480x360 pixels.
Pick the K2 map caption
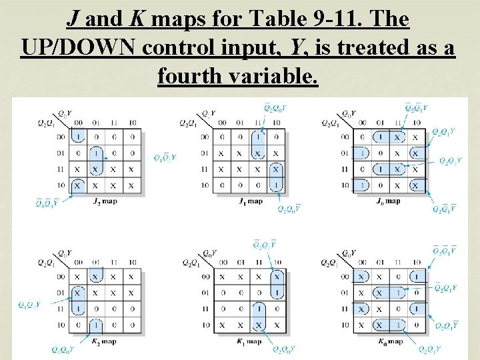[x=105, y=342]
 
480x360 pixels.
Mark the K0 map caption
[x=388, y=342]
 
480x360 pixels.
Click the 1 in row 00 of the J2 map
[x=78, y=137]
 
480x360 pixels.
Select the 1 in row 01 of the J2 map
[x=96, y=153]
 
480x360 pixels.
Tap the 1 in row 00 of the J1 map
[x=258, y=137]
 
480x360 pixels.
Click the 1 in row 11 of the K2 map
[x=78, y=309]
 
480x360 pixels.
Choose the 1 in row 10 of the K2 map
[x=96, y=325]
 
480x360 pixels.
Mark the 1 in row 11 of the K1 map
[x=258, y=309]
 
